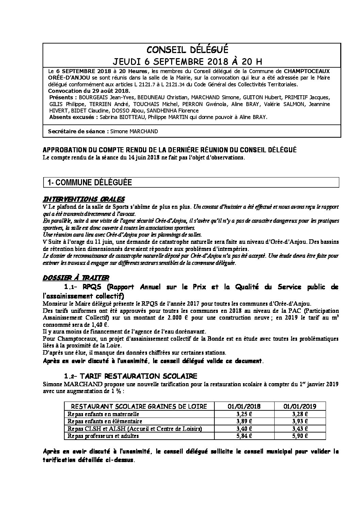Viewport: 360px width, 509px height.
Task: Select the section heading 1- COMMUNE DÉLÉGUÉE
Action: pyautogui.click(x=89, y=183)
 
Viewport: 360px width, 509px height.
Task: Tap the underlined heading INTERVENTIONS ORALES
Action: pyautogui.click(x=84, y=199)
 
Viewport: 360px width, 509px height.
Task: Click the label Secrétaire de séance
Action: pyautogui.click(x=77, y=131)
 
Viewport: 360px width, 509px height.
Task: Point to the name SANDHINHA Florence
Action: pyautogui.click(x=175, y=111)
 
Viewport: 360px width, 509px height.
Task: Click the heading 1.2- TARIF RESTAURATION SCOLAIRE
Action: pyautogui.click(x=131, y=376)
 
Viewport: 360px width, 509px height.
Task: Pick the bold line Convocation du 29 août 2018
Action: pyautogui.click(x=89, y=91)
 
